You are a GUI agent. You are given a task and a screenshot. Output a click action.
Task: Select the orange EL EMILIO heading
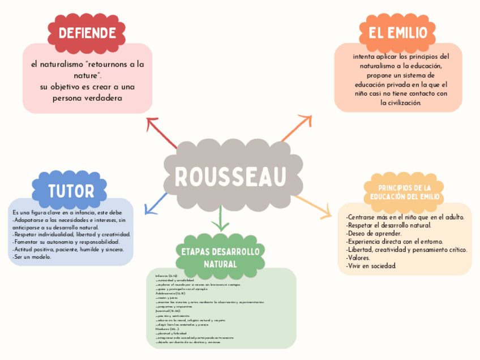(398, 33)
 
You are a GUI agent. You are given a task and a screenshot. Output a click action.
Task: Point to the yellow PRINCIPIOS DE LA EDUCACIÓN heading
(404, 192)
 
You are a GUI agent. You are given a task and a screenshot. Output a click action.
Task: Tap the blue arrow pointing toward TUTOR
(155, 203)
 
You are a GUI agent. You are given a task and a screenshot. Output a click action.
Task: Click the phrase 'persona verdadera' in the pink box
(87, 98)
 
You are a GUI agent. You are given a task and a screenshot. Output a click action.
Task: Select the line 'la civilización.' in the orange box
(401, 102)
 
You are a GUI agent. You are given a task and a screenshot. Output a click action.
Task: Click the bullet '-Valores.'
(361, 258)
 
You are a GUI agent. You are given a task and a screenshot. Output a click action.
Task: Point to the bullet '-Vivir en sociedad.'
(372, 265)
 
